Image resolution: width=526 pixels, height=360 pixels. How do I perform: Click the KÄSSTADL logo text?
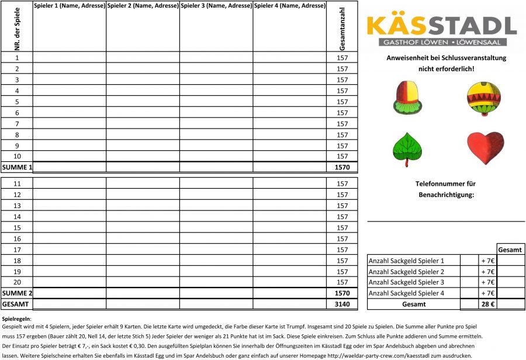pyautogui.click(x=441, y=26)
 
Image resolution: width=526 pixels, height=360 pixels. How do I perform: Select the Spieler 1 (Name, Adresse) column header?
pyautogui.click(x=70, y=6)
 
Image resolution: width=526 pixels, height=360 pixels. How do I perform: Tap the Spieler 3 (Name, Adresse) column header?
pyautogui.click(x=216, y=6)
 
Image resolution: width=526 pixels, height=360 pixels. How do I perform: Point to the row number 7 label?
pyautogui.click(x=17, y=124)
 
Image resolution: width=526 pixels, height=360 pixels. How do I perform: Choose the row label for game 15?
pyautogui.click(x=17, y=228)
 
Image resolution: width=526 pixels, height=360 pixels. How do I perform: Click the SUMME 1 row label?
pyautogui.click(x=17, y=168)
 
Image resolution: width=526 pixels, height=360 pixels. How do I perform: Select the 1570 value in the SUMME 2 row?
pyautogui.click(x=342, y=293)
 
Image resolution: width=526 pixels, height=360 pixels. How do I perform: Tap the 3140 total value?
pyautogui.click(x=342, y=304)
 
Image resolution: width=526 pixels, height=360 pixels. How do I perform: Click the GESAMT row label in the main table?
pyautogui.click(x=15, y=304)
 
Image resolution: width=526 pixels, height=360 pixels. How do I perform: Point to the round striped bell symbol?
pyautogui.click(x=484, y=98)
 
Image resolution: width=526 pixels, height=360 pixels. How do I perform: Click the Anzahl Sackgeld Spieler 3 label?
pyautogui.click(x=406, y=283)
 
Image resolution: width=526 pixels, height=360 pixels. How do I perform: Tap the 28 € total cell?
pyautogui.click(x=487, y=304)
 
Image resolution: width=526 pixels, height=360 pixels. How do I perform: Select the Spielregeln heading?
pyautogui.click(x=16, y=319)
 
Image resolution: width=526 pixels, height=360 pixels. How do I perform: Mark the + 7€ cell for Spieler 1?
pyautogui.click(x=487, y=261)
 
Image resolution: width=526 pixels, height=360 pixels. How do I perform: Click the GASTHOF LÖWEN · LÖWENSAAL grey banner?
pyautogui.click(x=441, y=43)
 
